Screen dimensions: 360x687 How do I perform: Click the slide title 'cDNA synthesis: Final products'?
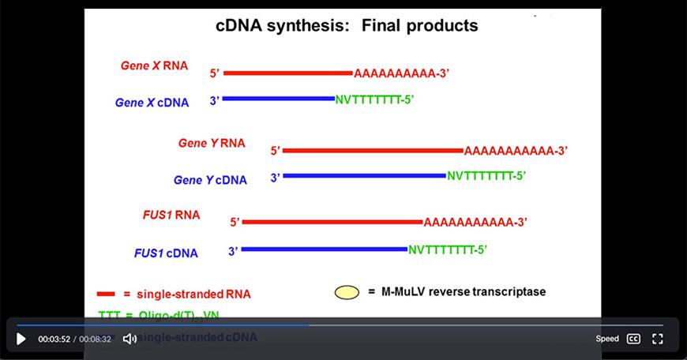pos(347,25)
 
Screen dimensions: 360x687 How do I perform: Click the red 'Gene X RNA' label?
pos(154,66)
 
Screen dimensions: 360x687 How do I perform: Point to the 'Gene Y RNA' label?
pos(212,143)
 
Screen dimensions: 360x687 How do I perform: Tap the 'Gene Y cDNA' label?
pos(210,180)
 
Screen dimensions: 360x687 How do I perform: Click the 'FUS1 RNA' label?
pos(171,215)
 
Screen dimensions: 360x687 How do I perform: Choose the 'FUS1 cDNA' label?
pos(166,253)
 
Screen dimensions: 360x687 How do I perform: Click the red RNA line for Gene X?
pos(287,73)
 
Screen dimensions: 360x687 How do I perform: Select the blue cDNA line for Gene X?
pos(278,99)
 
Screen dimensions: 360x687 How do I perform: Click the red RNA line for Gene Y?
pos(372,150)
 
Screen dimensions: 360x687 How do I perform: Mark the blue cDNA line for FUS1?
pos(324,249)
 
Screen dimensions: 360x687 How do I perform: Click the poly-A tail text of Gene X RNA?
pos(401,73)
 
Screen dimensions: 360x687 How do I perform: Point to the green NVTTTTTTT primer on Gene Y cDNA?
pos(486,176)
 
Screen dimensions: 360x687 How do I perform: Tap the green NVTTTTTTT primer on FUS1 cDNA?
pos(447,249)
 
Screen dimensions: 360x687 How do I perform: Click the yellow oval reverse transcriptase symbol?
pos(347,292)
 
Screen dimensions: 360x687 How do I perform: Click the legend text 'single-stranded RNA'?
pos(193,294)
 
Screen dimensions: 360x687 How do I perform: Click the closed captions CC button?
pos(633,339)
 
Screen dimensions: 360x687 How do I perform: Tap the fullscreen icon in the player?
pos(658,339)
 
